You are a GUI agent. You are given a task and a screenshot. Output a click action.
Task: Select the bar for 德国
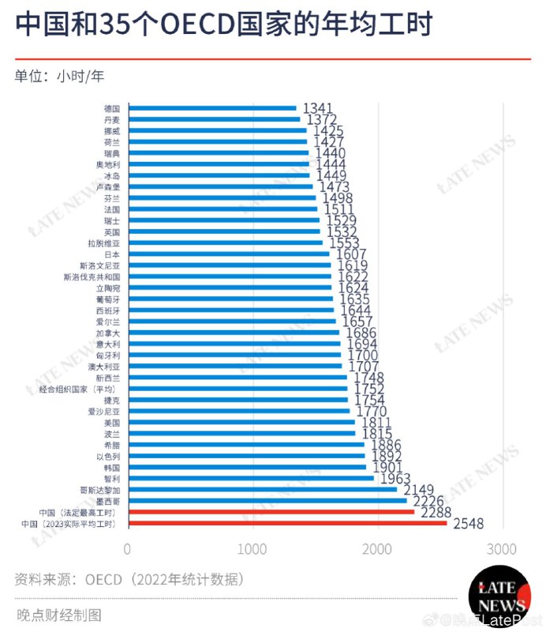point(211,108)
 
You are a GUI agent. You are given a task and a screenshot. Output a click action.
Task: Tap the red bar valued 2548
point(286,523)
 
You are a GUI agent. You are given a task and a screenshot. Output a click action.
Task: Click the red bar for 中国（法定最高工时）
point(271,512)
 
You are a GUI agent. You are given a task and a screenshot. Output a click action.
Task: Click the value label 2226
point(428,500)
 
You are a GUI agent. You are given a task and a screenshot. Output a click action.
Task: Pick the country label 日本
point(111,255)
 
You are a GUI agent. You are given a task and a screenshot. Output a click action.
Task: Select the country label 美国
point(111,423)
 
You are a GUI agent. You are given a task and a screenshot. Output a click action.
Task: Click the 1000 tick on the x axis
point(252,549)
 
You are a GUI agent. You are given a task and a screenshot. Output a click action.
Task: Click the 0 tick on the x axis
point(128,549)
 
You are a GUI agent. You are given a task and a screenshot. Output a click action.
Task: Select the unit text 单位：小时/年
point(59,77)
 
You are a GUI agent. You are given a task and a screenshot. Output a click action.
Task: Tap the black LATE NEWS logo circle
point(496,597)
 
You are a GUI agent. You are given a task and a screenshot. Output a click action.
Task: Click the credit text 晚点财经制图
point(60,615)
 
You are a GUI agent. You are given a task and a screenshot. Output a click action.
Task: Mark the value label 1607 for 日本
point(350,255)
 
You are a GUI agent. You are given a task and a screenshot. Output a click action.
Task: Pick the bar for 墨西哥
point(267,501)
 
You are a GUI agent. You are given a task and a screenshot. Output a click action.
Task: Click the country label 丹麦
point(111,119)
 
